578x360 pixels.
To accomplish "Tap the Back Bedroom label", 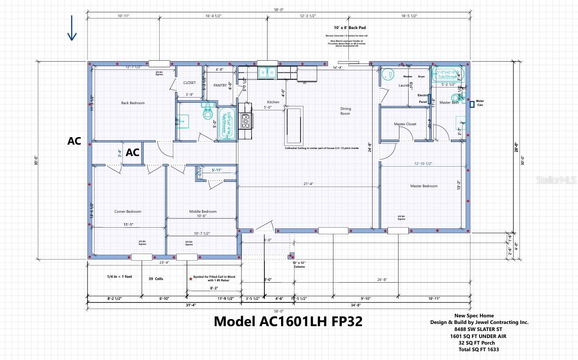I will (x=133, y=103).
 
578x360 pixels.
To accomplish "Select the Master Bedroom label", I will (x=424, y=186).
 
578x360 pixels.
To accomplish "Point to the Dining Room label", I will (x=345, y=111).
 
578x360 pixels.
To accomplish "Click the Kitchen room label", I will (x=273, y=102).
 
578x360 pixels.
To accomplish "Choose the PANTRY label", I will (x=219, y=85).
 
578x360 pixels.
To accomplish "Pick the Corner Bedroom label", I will (x=128, y=211).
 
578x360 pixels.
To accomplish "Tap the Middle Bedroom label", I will (x=203, y=211).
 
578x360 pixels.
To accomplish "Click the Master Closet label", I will (x=405, y=124).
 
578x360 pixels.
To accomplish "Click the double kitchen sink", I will (x=267, y=73).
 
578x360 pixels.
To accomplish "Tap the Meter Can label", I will (x=480, y=103).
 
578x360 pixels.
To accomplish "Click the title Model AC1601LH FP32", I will (x=288, y=321).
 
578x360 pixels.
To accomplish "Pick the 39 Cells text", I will (x=156, y=279).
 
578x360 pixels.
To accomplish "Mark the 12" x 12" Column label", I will (x=299, y=264).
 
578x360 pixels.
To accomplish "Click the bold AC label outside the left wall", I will (x=74, y=141).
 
